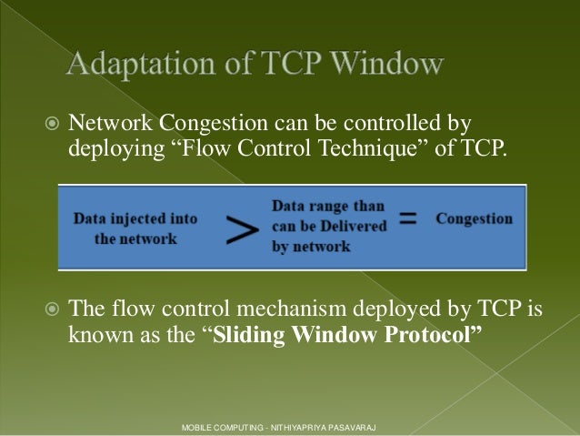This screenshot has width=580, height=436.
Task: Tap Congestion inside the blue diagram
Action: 475,219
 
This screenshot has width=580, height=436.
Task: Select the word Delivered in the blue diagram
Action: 354,226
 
